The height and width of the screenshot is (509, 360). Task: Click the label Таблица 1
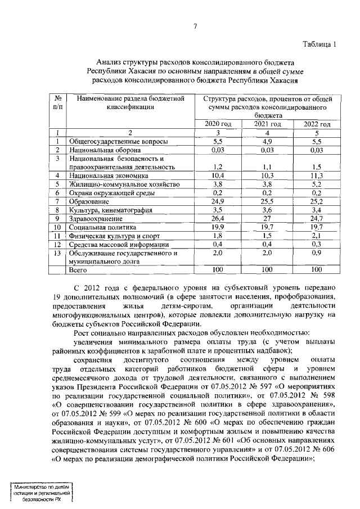pos(318,44)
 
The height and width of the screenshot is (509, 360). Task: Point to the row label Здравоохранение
pos(94,218)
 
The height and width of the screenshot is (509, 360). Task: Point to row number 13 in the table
pos(57,253)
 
